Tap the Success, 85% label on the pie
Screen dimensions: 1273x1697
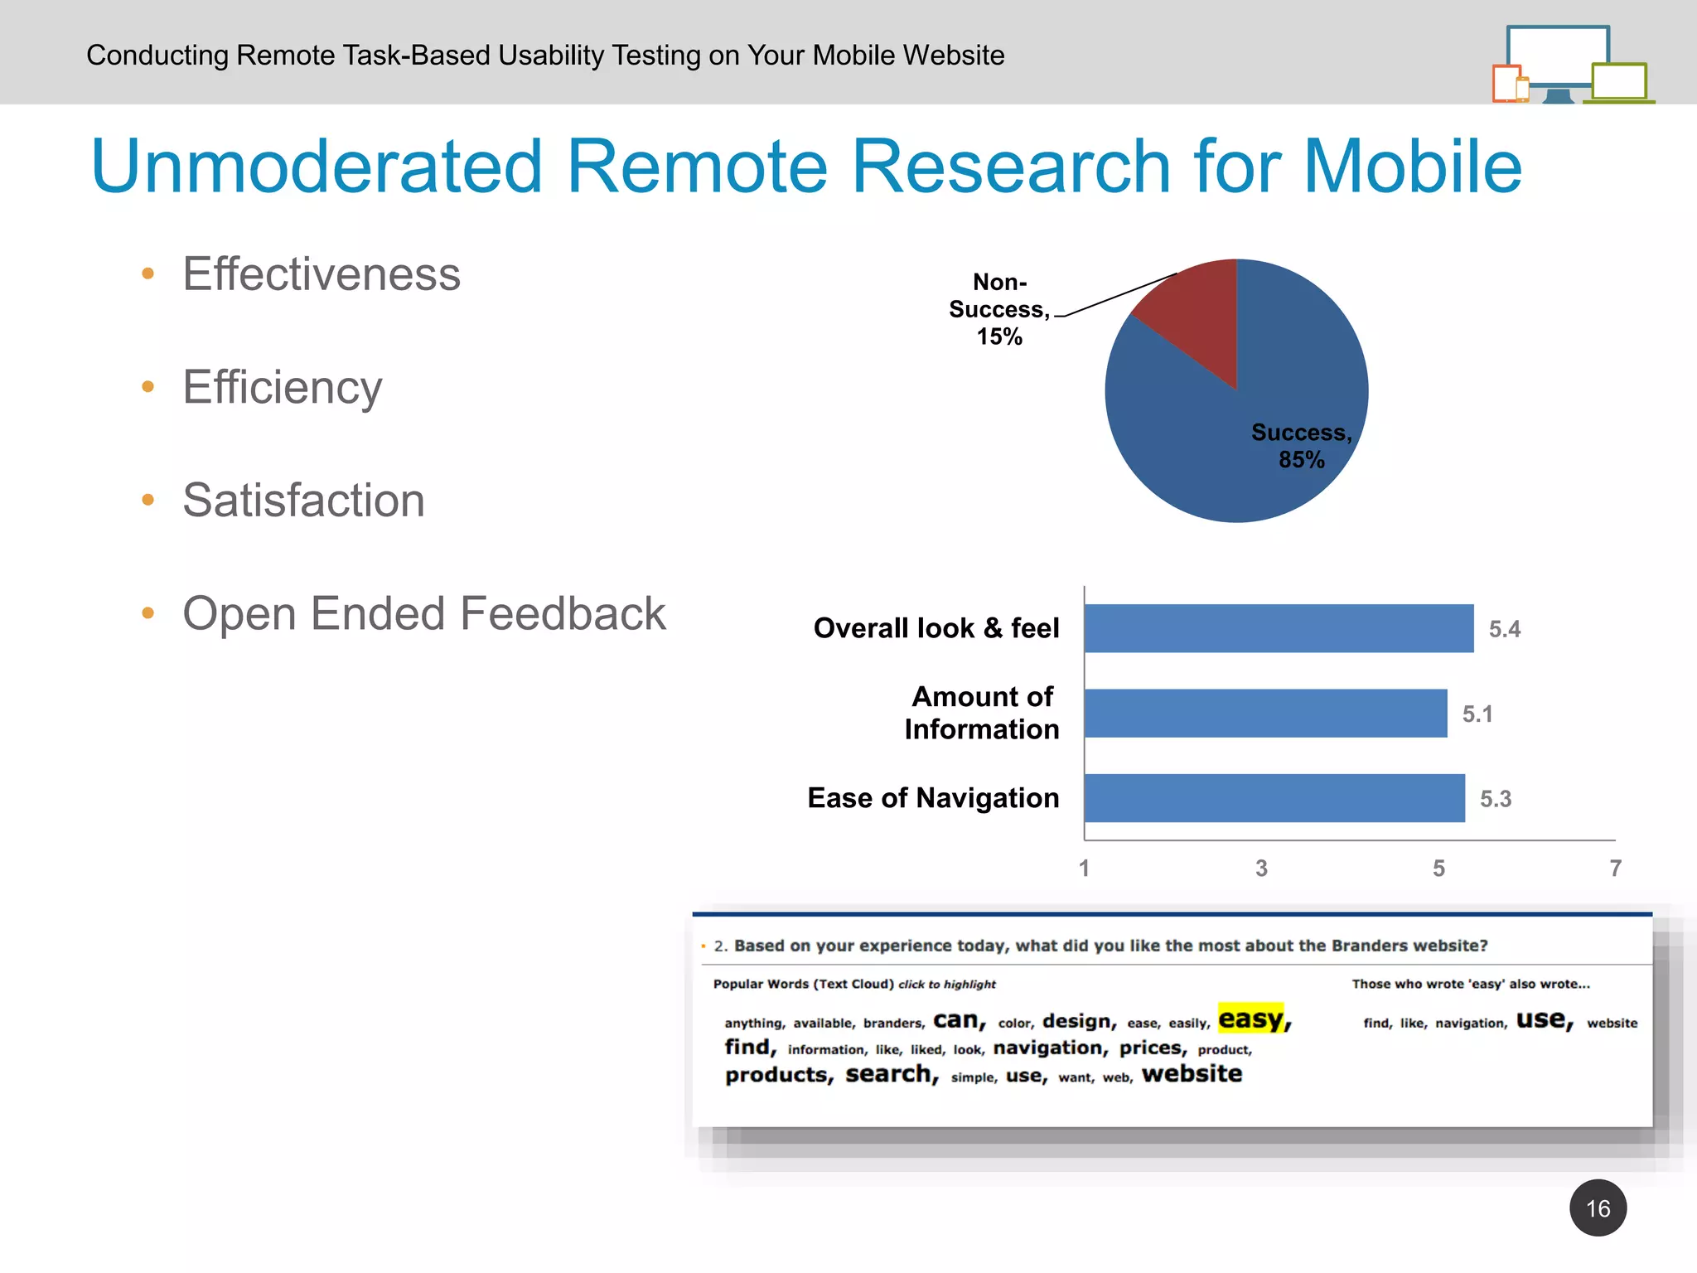tap(1301, 446)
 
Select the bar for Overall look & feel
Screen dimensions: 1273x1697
tap(1278, 628)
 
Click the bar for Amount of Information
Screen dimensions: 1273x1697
tap(1264, 714)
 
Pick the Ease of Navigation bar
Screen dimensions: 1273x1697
tap(1274, 798)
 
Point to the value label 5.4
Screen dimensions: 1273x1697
tap(1504, 629)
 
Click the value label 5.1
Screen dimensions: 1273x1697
tap(1477, 714)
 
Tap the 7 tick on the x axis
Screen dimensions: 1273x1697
tap(1615, 868)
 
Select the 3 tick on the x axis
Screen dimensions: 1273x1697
tap(1261, 868)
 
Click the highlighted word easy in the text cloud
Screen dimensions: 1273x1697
tap(1251, 1019)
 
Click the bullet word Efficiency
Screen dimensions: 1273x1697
tap(283, 387)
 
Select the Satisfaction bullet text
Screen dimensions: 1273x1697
tap(303, 501)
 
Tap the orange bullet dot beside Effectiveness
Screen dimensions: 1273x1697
tap(148, 273)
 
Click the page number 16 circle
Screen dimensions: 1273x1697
tap(1598, 1208)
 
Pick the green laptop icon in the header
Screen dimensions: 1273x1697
tap(1618, 83)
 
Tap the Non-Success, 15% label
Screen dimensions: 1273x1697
tap(999, 309)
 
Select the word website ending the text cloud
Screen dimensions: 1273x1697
tap(1192, 1074)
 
